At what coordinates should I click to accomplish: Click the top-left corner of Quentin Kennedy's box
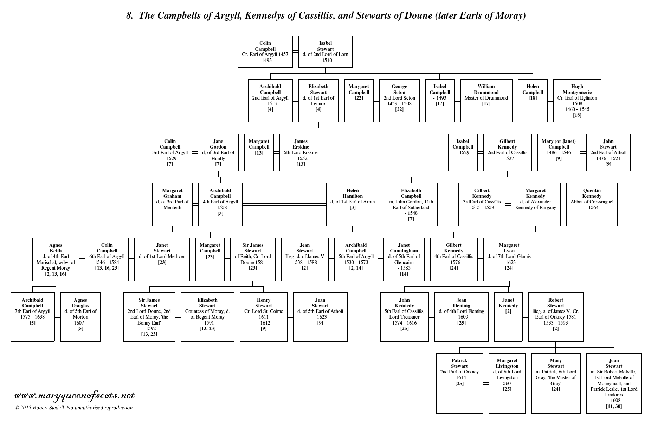pyautogui.click(x=566, y=183)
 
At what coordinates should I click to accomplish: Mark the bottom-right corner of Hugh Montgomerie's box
pyautogui.click(x=601, y=122)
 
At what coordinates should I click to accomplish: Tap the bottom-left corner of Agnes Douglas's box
pyautogui.click(x=60, y=341)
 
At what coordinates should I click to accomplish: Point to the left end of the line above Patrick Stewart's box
pyautogui.click(x=459, y=348)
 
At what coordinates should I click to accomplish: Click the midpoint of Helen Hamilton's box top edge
pyautogui.click(x=353, y=183)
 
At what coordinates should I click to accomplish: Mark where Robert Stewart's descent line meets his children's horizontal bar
pyautogui.click(x=555, y=348)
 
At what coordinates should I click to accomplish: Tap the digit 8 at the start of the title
pyautogui.click(x=129, y=16)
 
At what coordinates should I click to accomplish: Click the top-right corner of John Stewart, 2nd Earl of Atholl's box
pyautogui.click(x=631, y=134)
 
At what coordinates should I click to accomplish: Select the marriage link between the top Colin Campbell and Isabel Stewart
pyautogui.click(x=295, y=51)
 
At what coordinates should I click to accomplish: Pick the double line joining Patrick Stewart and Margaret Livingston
pyautogui.click(x=486, y=383)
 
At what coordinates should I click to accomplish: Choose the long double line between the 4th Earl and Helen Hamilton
pyautogui.click(x=284, y=204)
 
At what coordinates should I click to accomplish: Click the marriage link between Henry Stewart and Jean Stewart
pyautogui.click(x=290, y=317)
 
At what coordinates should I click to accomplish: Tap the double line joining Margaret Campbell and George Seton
pyautogui.click(x=376, y=101)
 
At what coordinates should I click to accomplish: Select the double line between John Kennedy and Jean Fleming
pyautogui.click(x=432, y=317)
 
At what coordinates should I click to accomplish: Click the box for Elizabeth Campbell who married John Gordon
pyautogui.click(x=411, y=204)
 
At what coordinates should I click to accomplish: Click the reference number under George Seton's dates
pyautogui.click(x=399, y=109)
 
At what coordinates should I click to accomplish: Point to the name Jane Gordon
pyautogui.click(x=218, y=144)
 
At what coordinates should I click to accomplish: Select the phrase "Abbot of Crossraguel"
pyautogui.click(x=592, y=202)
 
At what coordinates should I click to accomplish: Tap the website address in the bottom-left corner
pyautogui.click(x=74, y=396)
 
